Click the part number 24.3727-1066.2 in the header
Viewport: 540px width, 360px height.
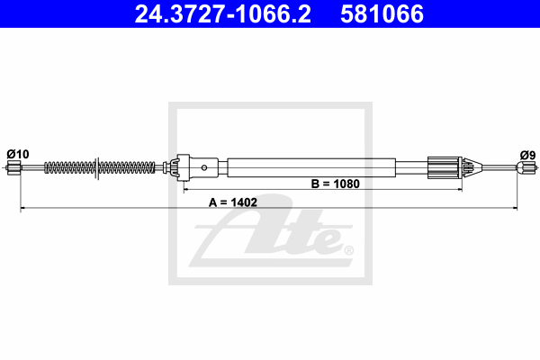[x=223, y=13]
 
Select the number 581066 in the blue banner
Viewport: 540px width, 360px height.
[x=382, y=13]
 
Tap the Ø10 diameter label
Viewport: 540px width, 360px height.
[x=18, y=154]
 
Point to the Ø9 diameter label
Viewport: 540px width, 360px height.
[x=528, y=156]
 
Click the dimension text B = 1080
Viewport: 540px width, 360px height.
[x=336, y=184]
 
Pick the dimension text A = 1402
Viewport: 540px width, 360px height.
[x=233, y=202]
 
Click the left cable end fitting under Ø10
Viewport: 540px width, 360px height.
[x=13, y=167]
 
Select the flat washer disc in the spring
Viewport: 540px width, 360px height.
[x=97, y=167]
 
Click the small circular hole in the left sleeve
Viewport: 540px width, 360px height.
[x=204, y=167]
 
